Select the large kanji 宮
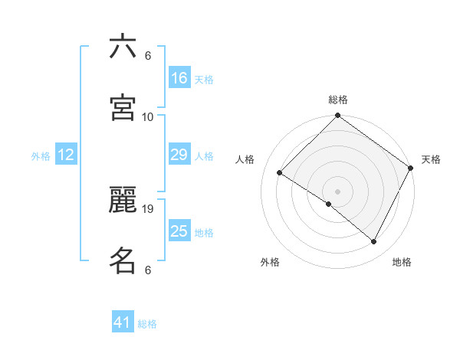pyautogui.click(x=123, y=108)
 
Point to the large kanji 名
pyautogui.click(x=123, y=260)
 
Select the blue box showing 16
pyautogui.click(x=179, y=78)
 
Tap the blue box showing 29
pyautogui.click(x=179, y=155)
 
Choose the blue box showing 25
pyautogui.click(x=179, y=231)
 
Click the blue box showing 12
pyautogui.click(x=66, y=155)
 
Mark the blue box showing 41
pyautogui.click(x=123, y=323)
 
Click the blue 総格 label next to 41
pyautogui.click(x=147, y=324)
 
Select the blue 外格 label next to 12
pyautogui.click(x=41, y=155)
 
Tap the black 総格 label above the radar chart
pyautogui.click(x=338, y=100)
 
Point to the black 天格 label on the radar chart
pyautogui.click(x=431, y=159)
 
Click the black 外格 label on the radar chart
pyautogui.click(x=270, y=262)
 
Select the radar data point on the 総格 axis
pyautogui.click(x=338, y=116)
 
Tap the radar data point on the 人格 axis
pyautogui.click(x=280, y=172)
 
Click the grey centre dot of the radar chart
pyautogui.click(x=338, y=191)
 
